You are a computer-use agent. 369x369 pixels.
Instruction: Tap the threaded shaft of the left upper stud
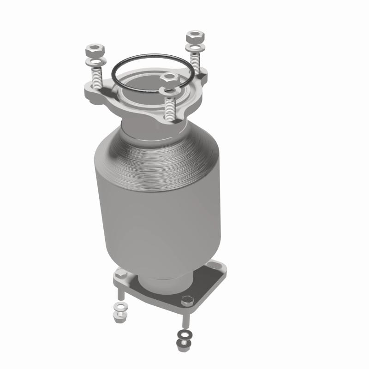tap(97, 77)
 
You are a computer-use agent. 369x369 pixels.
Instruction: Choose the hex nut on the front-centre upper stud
tap(169, 77)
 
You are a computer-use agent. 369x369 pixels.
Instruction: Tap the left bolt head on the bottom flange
tap(120, 274)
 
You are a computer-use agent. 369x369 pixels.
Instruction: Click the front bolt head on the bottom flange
tap(186, 302)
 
